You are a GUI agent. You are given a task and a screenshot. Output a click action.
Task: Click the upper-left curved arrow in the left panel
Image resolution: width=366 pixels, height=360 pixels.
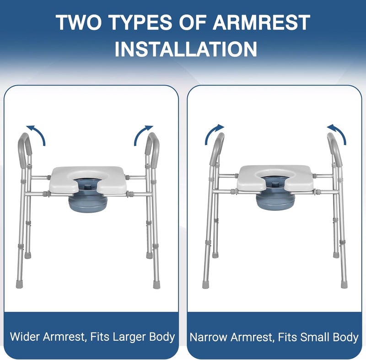click(x=36, y=133)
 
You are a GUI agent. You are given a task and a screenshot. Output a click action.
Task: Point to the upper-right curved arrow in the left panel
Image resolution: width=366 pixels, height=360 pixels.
click(x=143, y=134)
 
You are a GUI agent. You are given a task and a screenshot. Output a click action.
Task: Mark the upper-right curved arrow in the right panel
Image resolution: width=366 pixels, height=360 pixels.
click(x=336, y=134)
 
